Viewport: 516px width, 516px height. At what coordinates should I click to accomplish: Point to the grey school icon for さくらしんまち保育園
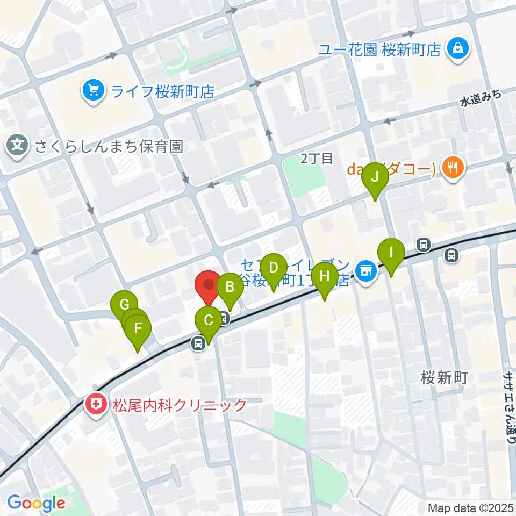point(18,146)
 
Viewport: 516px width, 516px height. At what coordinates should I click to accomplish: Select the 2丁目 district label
point(317,158)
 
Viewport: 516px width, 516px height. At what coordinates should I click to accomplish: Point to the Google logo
point(36,503)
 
